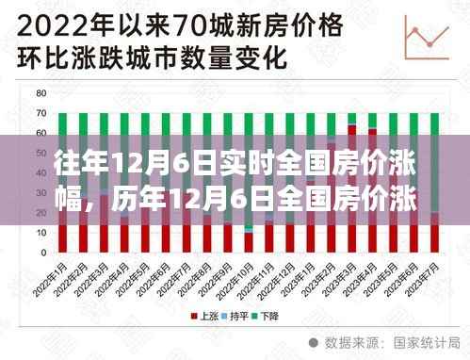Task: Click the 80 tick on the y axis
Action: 41,94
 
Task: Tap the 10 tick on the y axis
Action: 41,233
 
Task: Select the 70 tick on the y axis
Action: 41,114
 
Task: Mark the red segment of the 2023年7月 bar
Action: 434,233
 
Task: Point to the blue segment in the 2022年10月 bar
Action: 249,229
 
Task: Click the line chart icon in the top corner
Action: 425,41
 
